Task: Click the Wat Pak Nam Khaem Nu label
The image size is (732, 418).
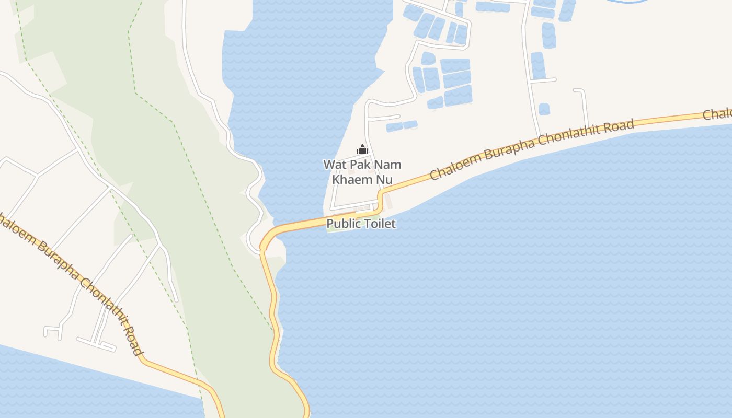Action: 362,172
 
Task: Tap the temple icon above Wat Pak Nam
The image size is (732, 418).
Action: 362,150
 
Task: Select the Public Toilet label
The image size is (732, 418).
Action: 361,224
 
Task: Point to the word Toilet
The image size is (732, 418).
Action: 379,224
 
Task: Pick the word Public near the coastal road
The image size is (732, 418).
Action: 343,224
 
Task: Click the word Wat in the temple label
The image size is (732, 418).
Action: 333,165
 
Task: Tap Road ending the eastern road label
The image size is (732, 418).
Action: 621,126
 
